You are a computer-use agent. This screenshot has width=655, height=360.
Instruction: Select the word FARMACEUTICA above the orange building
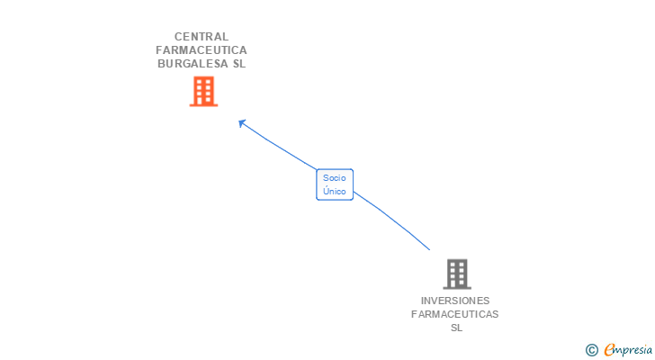tap(202, 50)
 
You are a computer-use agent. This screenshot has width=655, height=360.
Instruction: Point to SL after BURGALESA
tap(238, 64)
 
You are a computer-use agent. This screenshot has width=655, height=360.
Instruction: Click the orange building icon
tap(203, 91)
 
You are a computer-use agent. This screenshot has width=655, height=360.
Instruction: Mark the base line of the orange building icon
tap(203, 105)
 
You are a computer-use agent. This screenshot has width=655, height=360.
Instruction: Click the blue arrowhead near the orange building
tap(242, 123)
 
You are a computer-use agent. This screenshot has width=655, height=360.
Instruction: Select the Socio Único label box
tap(335, 184)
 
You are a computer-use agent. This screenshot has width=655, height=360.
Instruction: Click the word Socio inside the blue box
tap(335, 178)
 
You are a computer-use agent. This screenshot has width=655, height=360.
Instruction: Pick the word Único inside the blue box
tap(335, 191)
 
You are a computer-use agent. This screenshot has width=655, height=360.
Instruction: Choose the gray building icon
tap(457, 274)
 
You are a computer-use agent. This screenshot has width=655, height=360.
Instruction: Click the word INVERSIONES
tap(455, 301)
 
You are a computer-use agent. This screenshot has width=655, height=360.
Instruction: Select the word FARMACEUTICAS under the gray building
tap(455, 314)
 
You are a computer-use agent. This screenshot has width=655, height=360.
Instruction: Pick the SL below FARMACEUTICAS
tap(456, 328)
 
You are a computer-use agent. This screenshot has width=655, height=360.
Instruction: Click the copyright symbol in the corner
tap(591, 350)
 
